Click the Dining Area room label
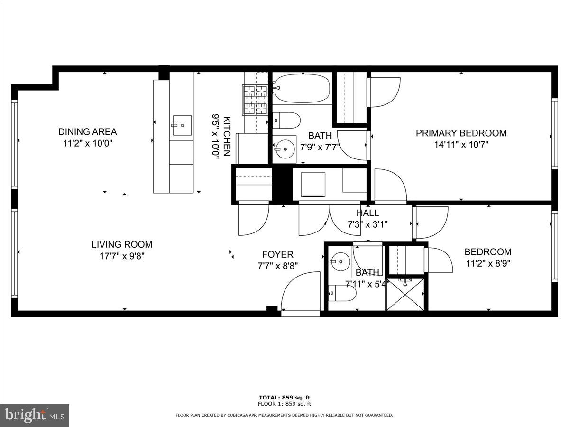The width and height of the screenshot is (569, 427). (87, 132)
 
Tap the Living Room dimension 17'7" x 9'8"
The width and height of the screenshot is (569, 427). (121, 256)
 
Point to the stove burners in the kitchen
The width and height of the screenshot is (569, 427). (256, 100)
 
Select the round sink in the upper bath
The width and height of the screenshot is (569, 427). (285, 149)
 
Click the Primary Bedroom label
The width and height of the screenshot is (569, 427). (461, 133)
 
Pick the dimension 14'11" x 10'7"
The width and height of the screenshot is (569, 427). (461, 145)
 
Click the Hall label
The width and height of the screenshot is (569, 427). (367, 213)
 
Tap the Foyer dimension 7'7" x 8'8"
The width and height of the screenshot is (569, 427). (277, 266)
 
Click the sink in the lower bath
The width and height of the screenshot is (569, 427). (340, 261)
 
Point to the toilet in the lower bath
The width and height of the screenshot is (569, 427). (342, 294)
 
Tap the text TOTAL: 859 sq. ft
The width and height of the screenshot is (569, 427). (284, 398)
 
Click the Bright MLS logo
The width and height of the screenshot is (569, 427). (35, 416)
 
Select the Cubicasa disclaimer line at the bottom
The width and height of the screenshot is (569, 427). (284, 415)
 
